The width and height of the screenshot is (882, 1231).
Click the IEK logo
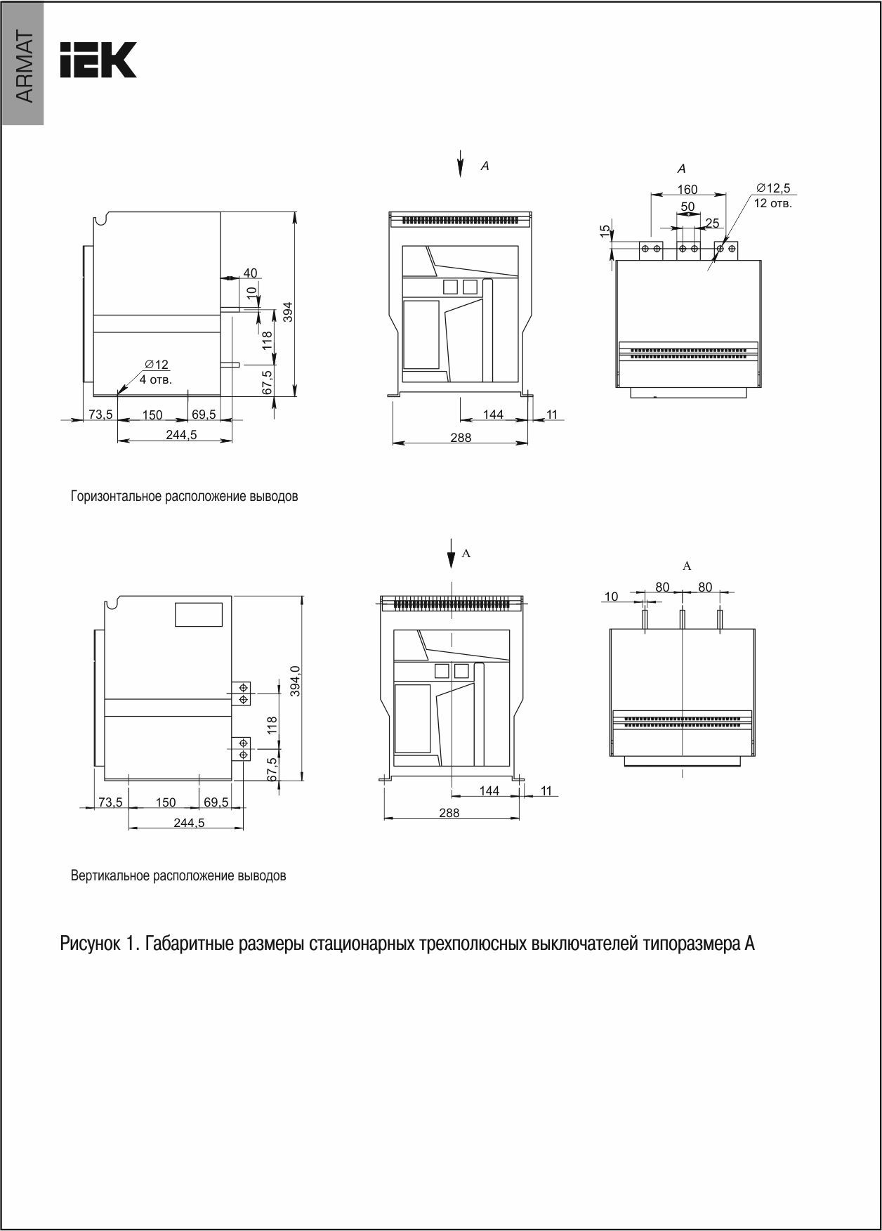coord(98,60)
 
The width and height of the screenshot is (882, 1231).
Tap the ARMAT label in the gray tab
coord(24,67)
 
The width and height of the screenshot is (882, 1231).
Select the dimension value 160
coord(687,189)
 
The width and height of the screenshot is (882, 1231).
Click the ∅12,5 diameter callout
coord(773,188)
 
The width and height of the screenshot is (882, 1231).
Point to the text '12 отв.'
coord(772,204)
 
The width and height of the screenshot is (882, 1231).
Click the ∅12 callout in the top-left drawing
coord(157,365)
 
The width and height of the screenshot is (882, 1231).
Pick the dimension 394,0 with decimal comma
coord(296,681)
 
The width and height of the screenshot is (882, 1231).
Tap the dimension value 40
coord(250,273)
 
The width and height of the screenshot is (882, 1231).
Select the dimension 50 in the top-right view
coord(687,207)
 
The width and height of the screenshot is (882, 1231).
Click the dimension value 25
coord(712,223)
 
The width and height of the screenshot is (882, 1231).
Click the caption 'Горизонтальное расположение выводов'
coord(184,496)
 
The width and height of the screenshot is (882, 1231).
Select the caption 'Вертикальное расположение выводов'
coord(178,876)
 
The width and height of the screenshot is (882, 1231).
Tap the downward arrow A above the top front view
coord(461,163)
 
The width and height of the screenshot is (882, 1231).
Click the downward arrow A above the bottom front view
coord(451,554)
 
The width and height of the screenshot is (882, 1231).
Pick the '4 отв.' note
coord(155,379)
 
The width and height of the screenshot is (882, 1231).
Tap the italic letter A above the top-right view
coord(681,169)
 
